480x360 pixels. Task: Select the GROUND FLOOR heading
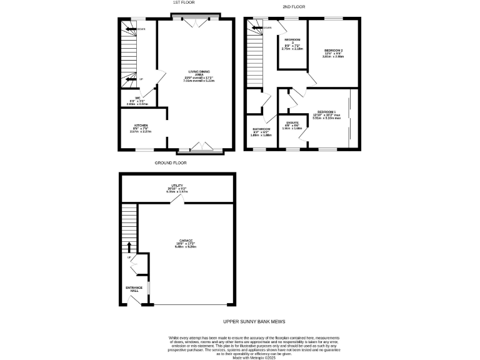(x=171, y=162)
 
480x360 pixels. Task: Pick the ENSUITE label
(x=292, y=122)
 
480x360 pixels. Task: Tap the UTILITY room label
(x=177, y=186)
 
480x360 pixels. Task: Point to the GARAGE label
(x=186, y=241)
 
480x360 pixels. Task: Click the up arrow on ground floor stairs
(x=129, y=246)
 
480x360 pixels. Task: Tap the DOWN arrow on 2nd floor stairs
(x=254, y=27)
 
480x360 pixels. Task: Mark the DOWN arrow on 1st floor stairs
(x=129, y=29)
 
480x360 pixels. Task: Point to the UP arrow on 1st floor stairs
(x=130, y=79)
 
